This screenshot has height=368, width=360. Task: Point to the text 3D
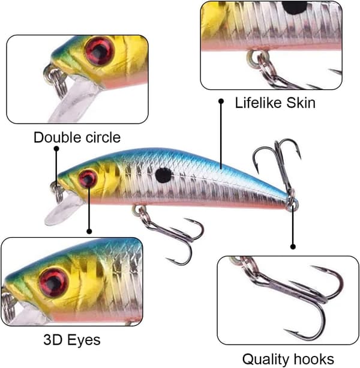click(x=52, y=340)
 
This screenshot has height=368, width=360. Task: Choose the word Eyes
click(x=83, y=340)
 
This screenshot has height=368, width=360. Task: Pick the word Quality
click(x=266, y=360)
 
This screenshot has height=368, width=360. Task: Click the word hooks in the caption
click(x=314, y=359)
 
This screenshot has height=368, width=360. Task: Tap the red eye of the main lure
click(x=88, y=178)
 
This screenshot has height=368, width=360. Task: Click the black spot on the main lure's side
click(x=163, y=175)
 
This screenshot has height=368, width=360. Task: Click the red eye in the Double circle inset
click(x=100, y=50)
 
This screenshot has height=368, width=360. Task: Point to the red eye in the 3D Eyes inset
click(x=54, y=282)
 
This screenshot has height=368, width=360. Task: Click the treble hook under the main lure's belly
click(x=171, y=235)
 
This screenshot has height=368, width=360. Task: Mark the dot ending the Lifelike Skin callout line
click(x=221, y=101)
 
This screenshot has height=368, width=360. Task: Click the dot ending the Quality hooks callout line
click(x=293, y=247)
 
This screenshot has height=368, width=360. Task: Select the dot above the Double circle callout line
click(x=56, y=148)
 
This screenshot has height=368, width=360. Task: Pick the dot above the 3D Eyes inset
click(x=89, y=231)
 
